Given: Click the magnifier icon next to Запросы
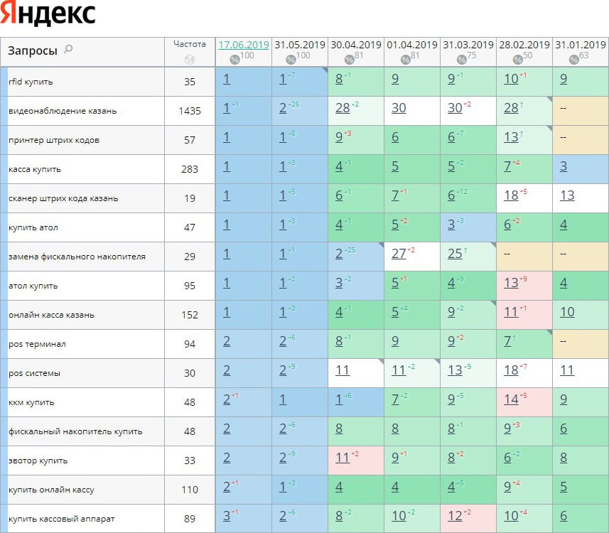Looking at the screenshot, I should point(68,49).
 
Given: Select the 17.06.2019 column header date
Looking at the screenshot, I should point(243,45).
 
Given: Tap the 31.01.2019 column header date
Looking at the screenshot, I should point(580,45).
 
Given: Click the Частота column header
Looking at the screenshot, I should point(190,44).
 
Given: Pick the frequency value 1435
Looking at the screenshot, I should point(190,111).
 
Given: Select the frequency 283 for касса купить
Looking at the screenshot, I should point(190,169).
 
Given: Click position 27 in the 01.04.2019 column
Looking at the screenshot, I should point(399,253).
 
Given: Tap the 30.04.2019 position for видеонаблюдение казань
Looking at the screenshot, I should point(343,107).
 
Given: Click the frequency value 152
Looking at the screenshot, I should point(190,315).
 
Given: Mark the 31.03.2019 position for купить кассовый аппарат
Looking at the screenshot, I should point(455,515).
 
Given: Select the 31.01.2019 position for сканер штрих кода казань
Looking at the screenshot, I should point(567,195).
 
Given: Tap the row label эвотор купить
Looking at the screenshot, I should point(38,461).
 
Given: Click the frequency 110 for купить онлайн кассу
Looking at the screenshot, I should point(190,490).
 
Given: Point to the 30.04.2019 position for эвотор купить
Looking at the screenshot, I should point(343,457).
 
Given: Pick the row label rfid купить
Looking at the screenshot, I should point(31,82).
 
